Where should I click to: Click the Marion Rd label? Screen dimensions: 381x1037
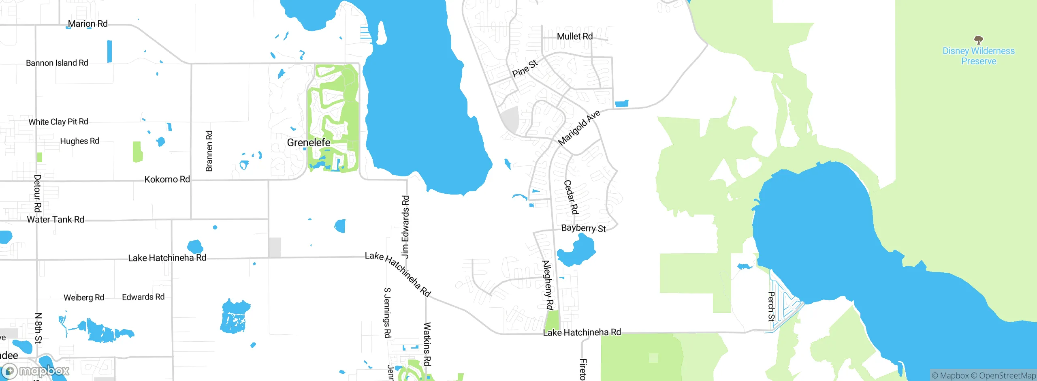coord(87,24)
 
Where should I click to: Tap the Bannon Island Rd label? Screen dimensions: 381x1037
coord(57,63)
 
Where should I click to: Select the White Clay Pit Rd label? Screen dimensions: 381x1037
coord(58,122)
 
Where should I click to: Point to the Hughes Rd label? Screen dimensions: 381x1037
coord(79,141)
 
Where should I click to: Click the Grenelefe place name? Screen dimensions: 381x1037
coord(308,143)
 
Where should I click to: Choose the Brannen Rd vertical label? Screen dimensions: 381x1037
coord(209,151)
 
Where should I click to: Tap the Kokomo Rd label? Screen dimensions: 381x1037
coord(167,179)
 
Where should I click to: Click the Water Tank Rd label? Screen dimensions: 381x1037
coord(55,220)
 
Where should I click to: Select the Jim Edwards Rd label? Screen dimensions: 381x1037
coord(405,227)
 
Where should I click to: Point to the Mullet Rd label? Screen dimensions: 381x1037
coord(574,36)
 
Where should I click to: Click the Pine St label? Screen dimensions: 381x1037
coord(525,68)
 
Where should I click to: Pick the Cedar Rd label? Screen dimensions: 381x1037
coord(571,197)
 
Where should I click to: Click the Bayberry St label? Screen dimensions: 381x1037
coord(583,229)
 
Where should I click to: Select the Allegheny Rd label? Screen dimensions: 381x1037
coord(548,285)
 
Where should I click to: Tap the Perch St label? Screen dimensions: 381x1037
coord(771,306)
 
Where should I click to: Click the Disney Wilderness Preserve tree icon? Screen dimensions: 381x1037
coord(978,40)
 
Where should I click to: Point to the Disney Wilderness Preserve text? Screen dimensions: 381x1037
coord(978,56)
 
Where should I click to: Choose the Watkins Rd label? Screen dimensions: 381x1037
coord(427,344)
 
